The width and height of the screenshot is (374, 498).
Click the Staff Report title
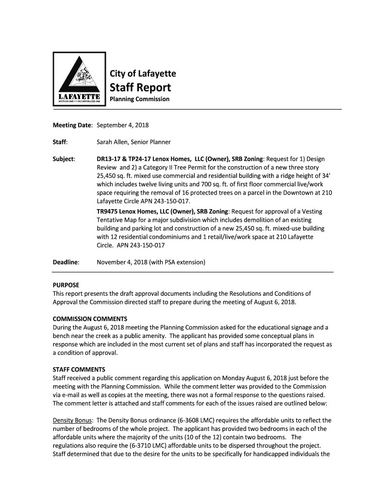140,88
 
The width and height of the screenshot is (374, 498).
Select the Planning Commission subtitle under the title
139,99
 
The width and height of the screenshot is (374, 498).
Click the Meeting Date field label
72,125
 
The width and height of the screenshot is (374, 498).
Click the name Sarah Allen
115,142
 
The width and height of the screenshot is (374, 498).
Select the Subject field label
63,159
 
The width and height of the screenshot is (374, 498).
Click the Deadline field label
66,263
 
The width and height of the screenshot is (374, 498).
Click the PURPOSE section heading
66,285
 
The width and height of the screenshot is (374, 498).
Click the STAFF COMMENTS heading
78,369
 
